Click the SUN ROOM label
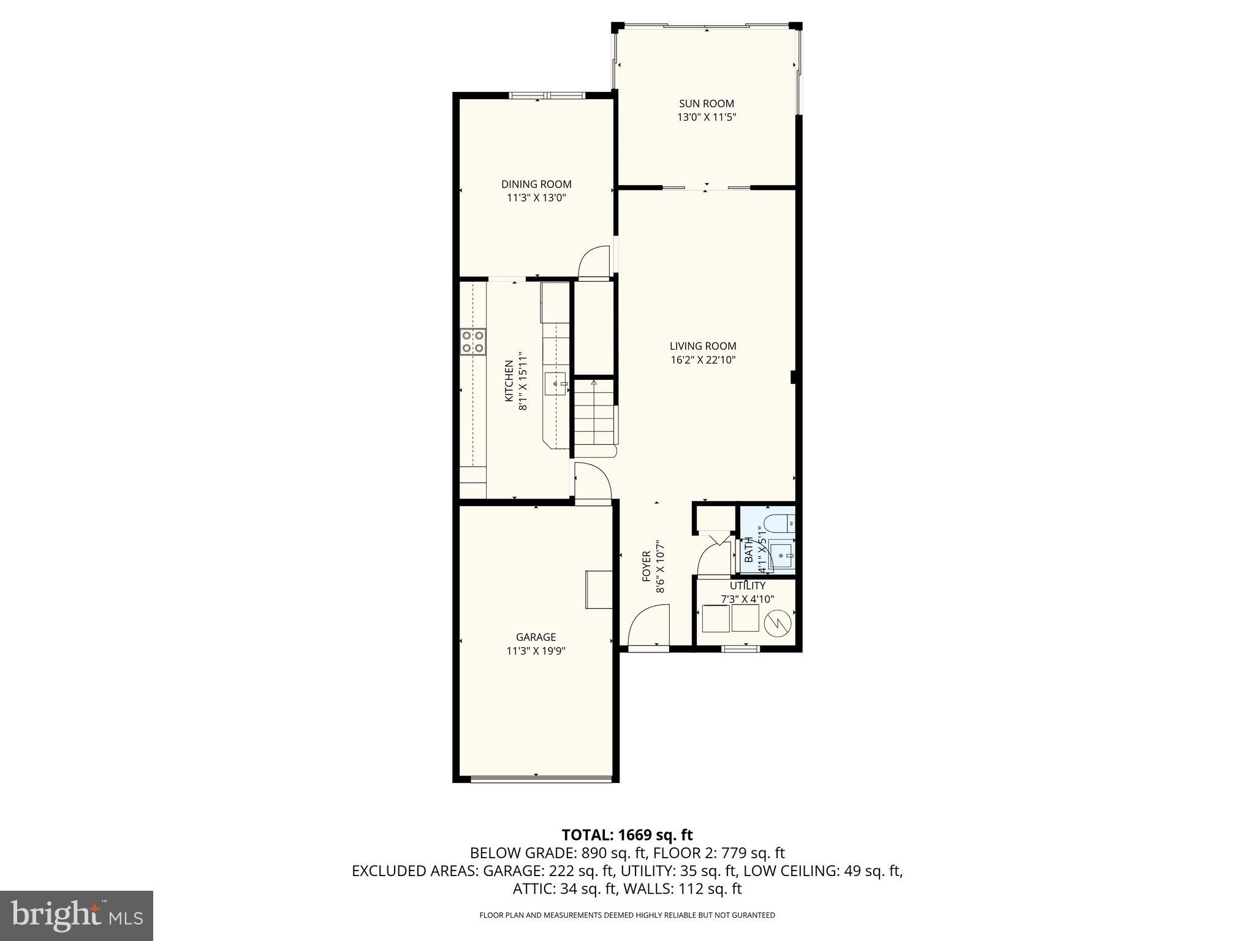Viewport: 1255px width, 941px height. tap(706, 104)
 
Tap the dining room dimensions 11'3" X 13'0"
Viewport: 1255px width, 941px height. tap(536, 198)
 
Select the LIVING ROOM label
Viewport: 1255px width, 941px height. tap(703, 346)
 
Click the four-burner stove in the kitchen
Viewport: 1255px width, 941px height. tap(472, 342)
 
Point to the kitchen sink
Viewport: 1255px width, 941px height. tap(558, 384)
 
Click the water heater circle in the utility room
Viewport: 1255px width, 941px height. tap(778, 624)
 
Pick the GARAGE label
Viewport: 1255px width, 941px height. tap(536, 637)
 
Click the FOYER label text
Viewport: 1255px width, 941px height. tap(646, 566)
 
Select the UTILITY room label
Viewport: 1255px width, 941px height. tap(747, 586)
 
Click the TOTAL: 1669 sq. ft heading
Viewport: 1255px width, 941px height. tap(627, 834)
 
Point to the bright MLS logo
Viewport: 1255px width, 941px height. tap(77, 915)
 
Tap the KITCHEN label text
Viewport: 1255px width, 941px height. tap(509, 381)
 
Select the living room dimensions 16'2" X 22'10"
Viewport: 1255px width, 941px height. tap(703, 360)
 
